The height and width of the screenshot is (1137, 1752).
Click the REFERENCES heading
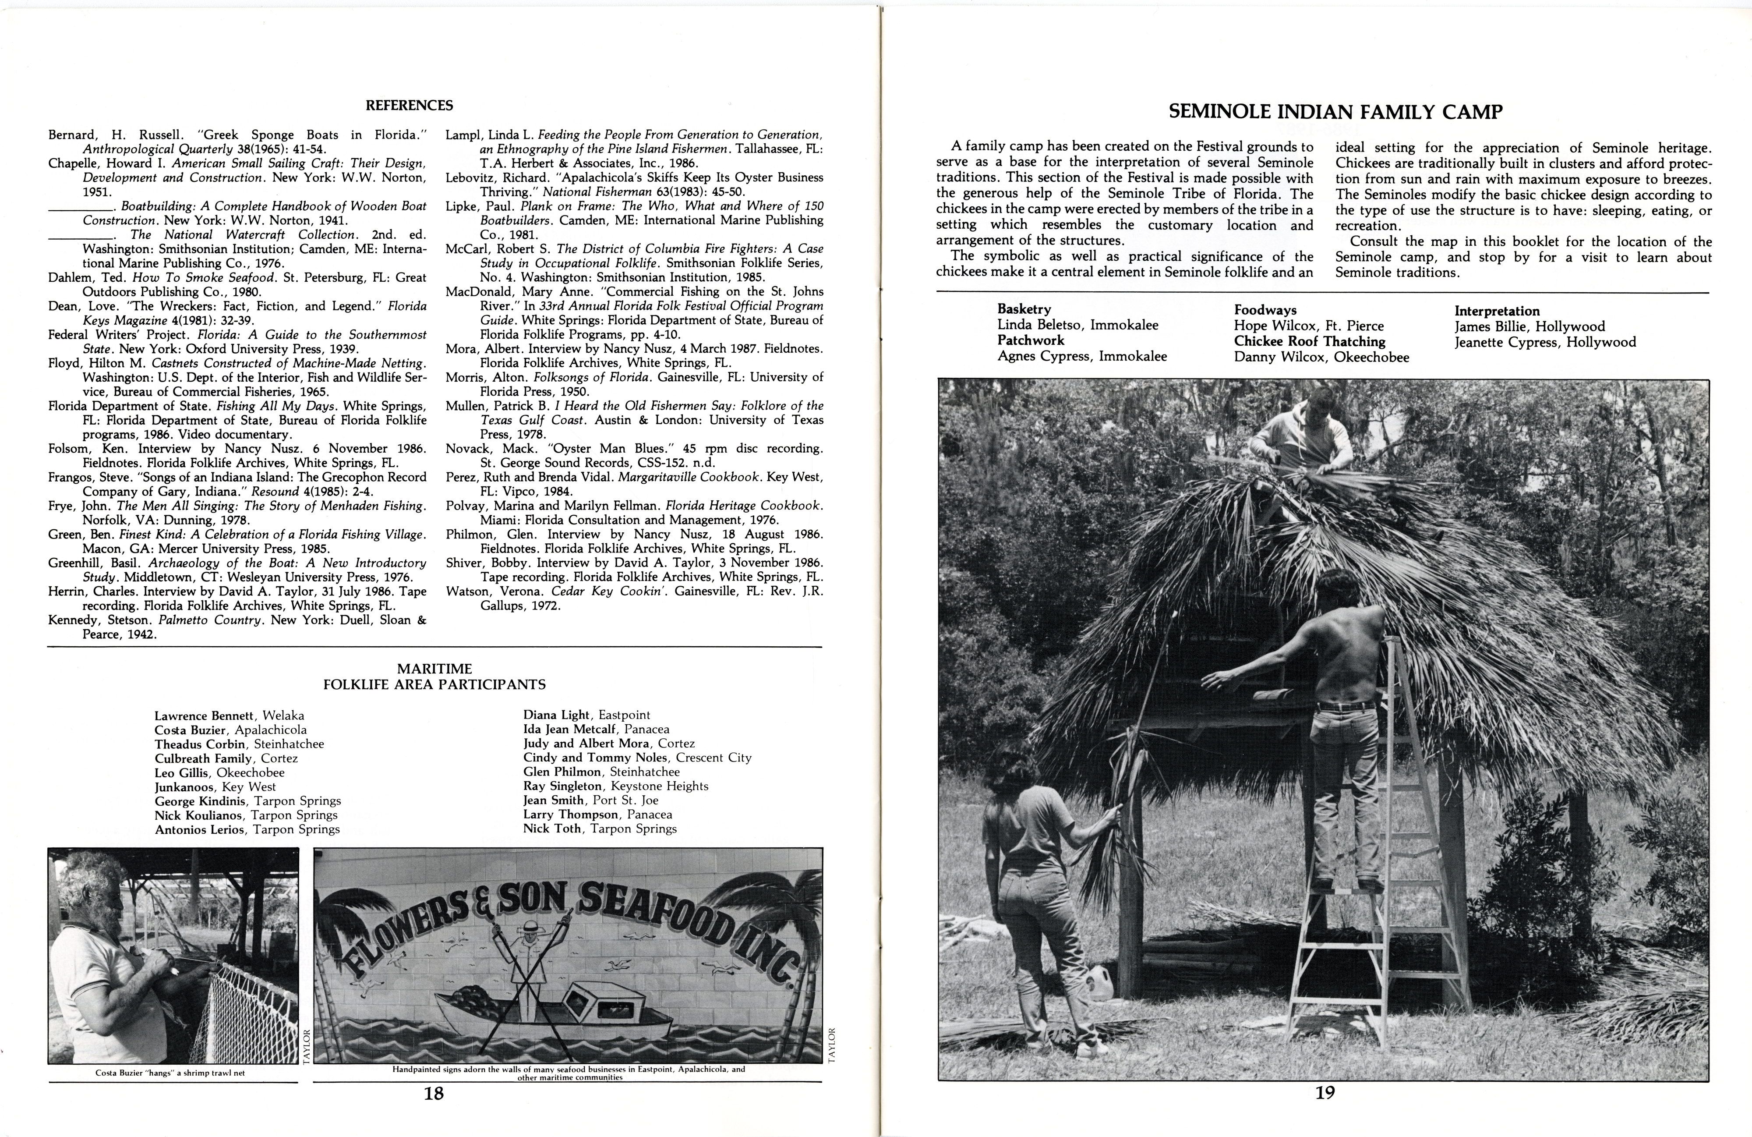409,105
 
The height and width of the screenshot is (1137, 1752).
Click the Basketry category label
1024,309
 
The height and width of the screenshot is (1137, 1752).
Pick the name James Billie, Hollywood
1529,326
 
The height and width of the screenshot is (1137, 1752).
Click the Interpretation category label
1497,311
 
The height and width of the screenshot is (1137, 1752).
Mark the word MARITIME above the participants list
434,669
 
